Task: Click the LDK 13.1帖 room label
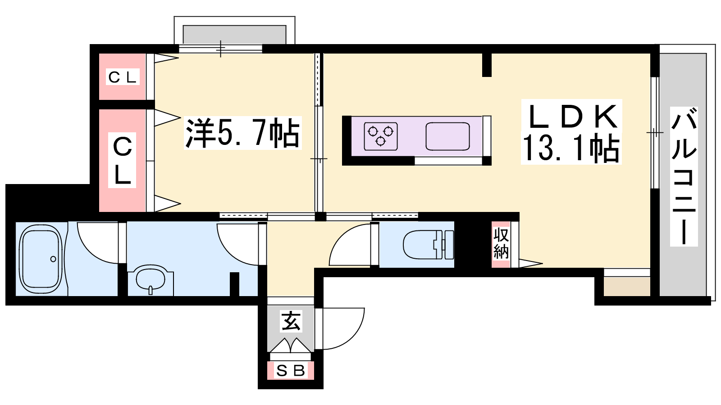571,132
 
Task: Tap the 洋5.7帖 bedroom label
243,133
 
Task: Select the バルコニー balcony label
684,176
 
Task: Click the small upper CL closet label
123,77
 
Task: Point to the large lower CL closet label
122,160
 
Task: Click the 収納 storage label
501,243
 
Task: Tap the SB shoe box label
291,371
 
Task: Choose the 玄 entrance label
291,321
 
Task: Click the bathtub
41,259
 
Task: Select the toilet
429,245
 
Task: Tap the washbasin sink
151,279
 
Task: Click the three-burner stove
380,136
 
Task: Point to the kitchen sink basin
448,136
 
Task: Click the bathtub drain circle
53,259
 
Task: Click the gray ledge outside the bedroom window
234,34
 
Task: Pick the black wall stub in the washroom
234,284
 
